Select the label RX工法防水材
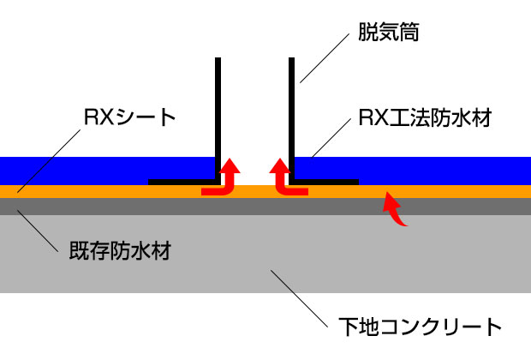426,117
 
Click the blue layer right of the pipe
428,170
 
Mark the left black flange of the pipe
180,183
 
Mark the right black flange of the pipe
330,183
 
